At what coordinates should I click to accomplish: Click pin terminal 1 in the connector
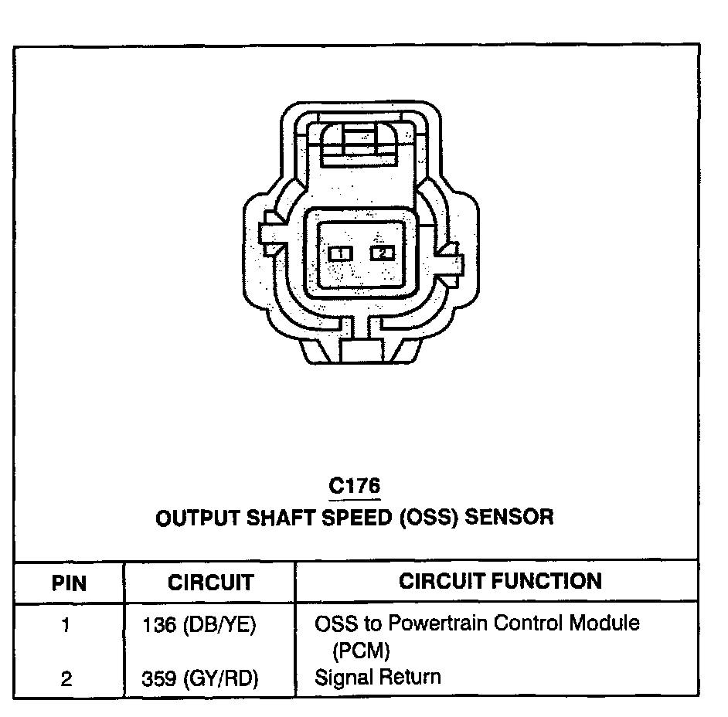coord(340,253)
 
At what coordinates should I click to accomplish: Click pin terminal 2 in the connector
coord(382,253)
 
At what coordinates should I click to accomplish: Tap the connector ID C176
coord(355,487)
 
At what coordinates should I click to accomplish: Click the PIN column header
coord(69,583)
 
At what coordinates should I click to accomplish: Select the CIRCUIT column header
coord(210,583)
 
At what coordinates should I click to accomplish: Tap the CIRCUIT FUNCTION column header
coord(500,581)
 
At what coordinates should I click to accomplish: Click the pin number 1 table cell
coord(66,624)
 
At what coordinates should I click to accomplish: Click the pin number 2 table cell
coord(66,678)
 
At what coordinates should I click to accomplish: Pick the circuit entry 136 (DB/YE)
coord(199,624)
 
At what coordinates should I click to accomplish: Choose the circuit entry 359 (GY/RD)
coord(199,678)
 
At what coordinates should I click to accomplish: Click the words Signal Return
coord(378,678)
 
